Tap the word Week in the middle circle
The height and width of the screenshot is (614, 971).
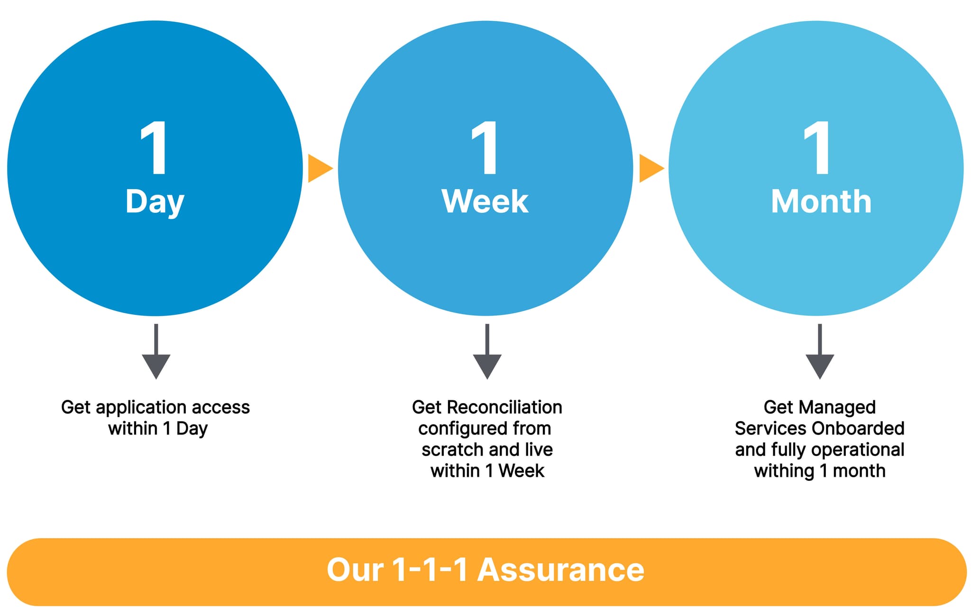(485, 202)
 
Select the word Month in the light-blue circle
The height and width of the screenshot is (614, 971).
(821, 202)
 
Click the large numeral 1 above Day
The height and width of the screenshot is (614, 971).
(155, 148)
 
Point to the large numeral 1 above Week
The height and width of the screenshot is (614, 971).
(485, 148)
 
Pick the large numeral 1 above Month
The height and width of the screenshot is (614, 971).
(817, 148)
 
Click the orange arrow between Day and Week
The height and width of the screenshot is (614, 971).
(319, 168)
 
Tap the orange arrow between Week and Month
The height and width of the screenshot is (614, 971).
(650, 168)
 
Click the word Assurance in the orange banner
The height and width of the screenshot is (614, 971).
(560, 570)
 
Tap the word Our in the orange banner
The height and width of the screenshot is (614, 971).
(355, 570)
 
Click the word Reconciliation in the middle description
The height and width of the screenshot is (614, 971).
(504, 407)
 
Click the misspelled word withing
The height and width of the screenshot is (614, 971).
(784, 471)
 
